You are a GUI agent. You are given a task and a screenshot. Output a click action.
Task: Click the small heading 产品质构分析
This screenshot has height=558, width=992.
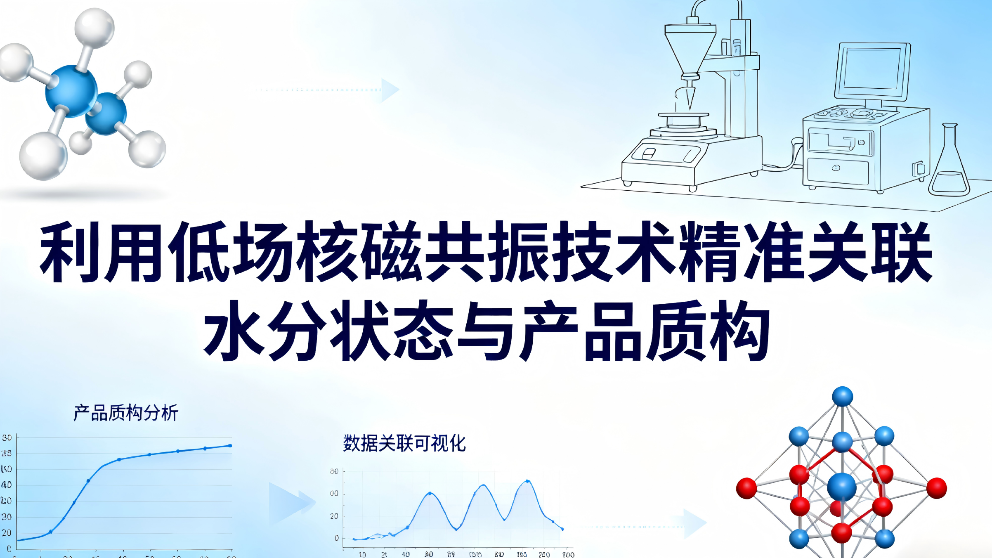click(x=126, y=413)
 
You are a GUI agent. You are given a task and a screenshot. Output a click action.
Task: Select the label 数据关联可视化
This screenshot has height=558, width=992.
click(x=404, y=444)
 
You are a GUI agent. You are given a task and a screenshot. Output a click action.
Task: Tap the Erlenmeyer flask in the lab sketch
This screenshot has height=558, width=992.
click(x=949, y=165)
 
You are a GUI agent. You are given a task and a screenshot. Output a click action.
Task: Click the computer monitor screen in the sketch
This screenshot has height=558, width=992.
click(x=872, y=68)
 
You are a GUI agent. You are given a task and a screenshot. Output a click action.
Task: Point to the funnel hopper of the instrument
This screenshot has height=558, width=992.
click(x=690, y=47)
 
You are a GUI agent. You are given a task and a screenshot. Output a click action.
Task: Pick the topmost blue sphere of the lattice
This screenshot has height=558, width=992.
click(x=842, y=397)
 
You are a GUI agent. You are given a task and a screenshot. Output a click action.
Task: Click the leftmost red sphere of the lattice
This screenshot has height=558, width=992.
click(x=746, y=488)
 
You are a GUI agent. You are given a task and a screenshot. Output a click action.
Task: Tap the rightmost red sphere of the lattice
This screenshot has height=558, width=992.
click(x=936, y=488)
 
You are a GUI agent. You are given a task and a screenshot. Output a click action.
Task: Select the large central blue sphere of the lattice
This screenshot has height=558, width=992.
click(x=842, y=487)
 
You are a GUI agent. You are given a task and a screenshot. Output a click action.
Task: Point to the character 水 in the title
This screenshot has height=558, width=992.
click(x=234, y=330)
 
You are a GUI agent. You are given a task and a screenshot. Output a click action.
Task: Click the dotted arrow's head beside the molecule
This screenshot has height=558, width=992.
click(x=390, y=90)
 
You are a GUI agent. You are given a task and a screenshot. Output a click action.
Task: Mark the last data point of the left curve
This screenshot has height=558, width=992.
click(x=230, y=446)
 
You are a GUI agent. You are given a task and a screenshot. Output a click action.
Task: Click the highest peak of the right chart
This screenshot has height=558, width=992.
click(x=527, y=481)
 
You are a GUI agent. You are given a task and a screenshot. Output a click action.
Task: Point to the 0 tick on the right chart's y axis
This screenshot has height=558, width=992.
click(x=337, y=538)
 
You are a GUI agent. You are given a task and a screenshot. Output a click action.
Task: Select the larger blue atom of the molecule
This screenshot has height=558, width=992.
click(x=71, y=91)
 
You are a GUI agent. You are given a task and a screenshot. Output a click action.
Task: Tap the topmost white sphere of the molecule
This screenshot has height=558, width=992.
click(x=94, y=28)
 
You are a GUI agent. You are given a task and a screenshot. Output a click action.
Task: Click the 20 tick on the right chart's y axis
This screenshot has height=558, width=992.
click(x=334, y=516)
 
